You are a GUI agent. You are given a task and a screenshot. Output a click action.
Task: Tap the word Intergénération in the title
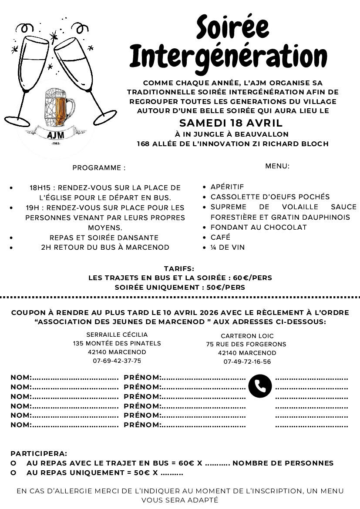click(x=228, y=57)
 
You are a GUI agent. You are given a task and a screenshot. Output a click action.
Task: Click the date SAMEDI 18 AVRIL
click(x=231, y=123)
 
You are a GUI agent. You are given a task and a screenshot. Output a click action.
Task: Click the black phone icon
click(x=260, y=386)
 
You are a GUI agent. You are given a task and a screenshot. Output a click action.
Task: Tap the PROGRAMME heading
click(x=99, y=167)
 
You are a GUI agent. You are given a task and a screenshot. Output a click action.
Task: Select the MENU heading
click(x=277, y=166)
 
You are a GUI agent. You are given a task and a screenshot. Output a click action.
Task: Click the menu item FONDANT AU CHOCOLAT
click(x=259, y=227)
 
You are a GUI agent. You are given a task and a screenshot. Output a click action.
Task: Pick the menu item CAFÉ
click(x=220, y=237)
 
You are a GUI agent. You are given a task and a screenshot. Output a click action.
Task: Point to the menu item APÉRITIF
click(x=227, y=187)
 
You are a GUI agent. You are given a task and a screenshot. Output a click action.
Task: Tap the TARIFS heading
click(x=179, y=269)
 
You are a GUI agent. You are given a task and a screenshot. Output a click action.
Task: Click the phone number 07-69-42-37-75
click(x=117, y=361)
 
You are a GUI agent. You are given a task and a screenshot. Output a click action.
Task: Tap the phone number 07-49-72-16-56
click(x=247, y=362)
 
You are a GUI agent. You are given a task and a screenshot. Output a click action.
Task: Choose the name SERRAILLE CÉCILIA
click(x=117, y=335)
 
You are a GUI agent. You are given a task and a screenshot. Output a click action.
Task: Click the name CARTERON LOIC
click(x=247, y=336)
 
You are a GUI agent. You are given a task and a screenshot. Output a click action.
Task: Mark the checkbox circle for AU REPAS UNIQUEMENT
click(x=13, y=473)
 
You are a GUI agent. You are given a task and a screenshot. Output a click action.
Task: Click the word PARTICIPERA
click(x=39, y=453)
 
